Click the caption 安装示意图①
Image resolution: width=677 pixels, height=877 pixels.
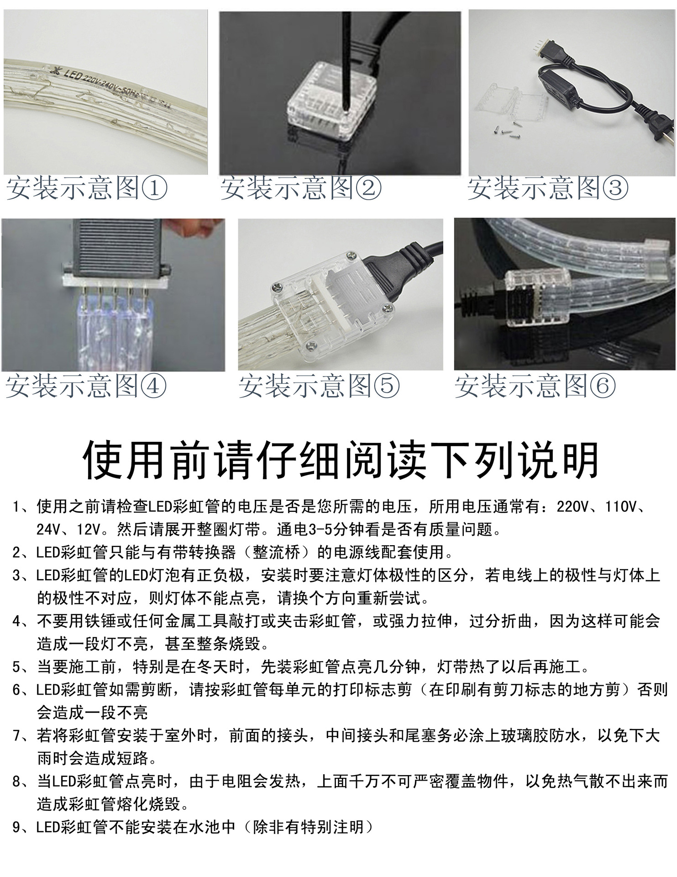pyautogui.click(x=87, y=188)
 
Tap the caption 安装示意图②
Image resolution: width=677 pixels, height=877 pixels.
pyautogui.click(x=301, y=188)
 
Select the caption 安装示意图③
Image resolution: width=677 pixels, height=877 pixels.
pyautogui.click(x=548, y=188)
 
